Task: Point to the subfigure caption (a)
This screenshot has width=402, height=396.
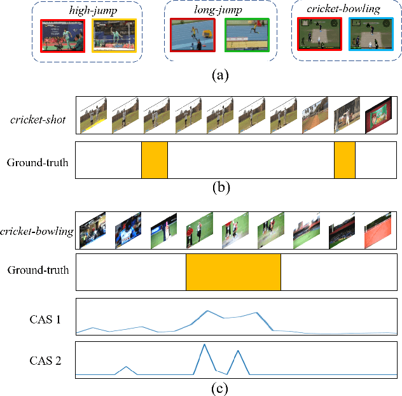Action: [x=220, y=75]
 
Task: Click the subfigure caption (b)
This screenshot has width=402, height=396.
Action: [x=220, y=187]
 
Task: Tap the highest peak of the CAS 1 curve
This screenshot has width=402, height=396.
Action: [x=207, y=311]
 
